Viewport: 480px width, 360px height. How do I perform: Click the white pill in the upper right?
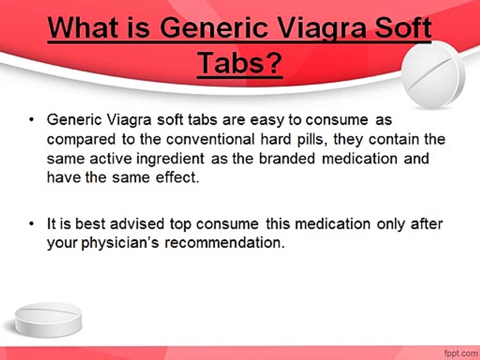click(433, 74)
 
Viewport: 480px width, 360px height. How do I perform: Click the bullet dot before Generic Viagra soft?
click(32, 120)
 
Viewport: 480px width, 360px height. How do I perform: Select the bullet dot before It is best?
click(32, 224)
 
